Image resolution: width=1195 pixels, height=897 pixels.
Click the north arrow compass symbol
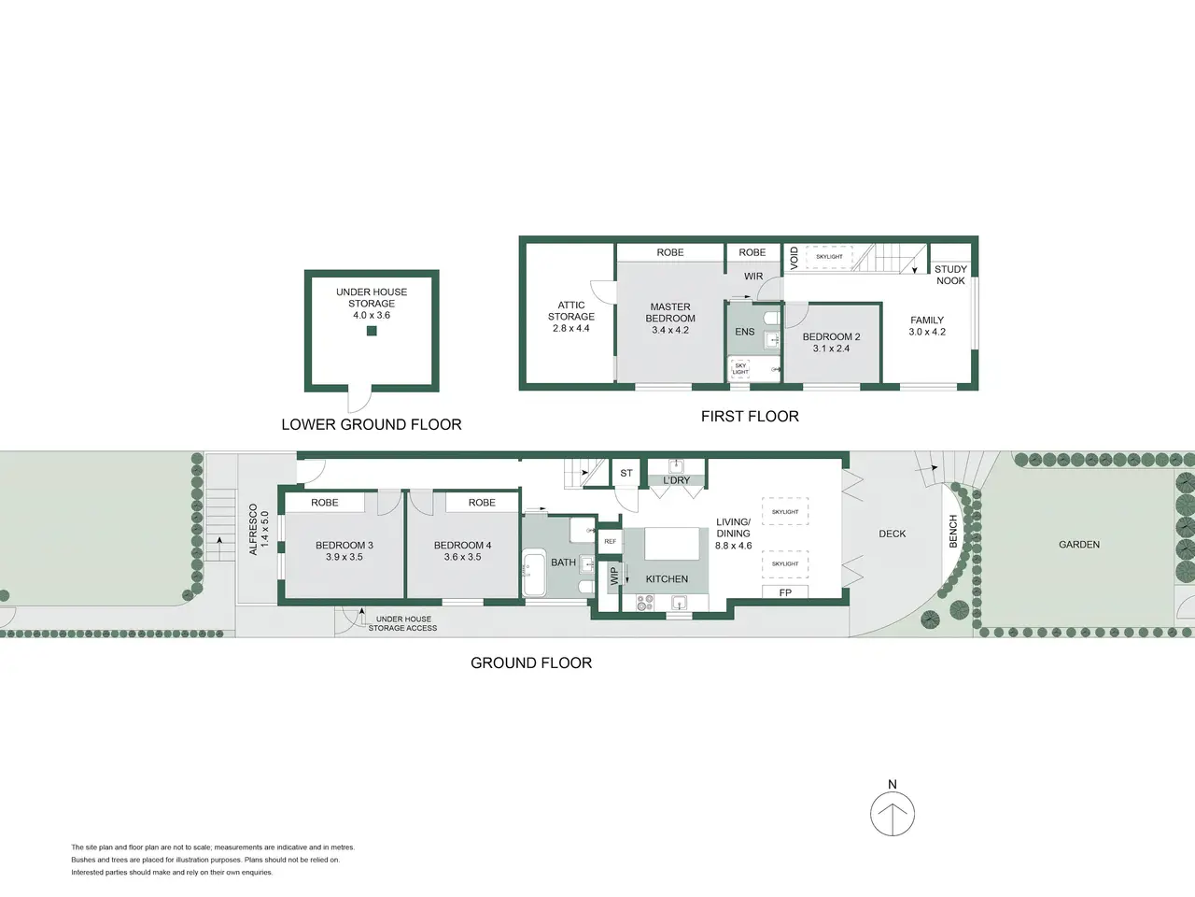893,814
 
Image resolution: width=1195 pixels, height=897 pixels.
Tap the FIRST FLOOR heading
750,417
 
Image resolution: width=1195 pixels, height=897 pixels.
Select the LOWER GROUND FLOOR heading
372,425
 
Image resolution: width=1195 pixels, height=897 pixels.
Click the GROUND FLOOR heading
531,662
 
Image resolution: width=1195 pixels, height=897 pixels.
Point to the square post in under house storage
372,331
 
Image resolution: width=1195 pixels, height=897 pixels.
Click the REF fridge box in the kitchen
611,541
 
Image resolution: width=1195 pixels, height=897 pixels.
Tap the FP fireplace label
785,592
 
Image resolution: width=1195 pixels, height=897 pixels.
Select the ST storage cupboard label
626,474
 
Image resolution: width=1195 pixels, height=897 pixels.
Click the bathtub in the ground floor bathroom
534,573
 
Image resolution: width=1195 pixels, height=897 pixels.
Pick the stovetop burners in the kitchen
645,603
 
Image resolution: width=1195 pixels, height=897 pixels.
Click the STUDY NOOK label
950,275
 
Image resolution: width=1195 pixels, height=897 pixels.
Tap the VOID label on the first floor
794,258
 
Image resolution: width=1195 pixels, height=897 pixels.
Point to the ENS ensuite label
745,332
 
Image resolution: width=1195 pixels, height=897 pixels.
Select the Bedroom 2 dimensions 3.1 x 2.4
831,349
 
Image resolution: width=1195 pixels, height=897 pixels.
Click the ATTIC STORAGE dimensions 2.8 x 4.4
571,328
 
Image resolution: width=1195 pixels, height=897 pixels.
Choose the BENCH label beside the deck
953,532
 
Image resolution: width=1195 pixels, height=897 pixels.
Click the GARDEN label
1079,545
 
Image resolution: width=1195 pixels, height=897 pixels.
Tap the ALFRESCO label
253,530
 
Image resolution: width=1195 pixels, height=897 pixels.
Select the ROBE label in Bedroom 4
482,503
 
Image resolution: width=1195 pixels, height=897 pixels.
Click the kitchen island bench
672,544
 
